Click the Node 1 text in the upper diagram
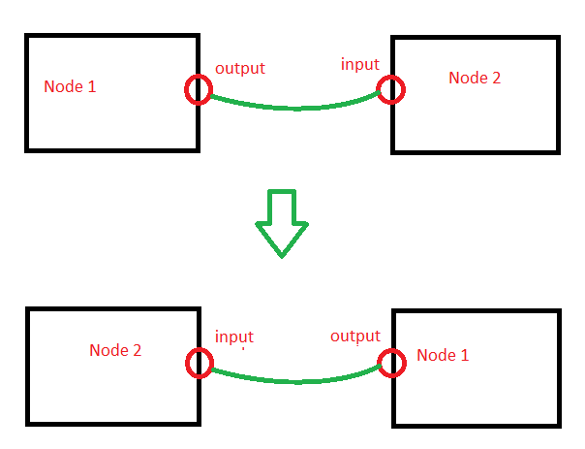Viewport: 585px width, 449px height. (70, 86)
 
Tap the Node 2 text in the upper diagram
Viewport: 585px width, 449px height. (475, 78)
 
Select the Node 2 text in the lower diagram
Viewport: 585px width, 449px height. (115, 350)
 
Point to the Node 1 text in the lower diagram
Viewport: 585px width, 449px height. (443, 355)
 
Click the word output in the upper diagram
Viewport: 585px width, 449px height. (239, 69)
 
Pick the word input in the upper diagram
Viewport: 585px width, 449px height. (359, 64)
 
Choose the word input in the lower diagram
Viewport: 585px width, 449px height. (233, 337)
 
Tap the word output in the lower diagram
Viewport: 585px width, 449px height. (354, 337)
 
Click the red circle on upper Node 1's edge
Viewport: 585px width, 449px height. (198, 91)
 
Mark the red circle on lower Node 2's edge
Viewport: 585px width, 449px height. (198, 364)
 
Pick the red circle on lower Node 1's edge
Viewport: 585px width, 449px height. (391, 364)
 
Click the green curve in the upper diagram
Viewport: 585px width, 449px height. (294, 108)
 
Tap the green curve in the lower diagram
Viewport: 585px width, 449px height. (294, 381)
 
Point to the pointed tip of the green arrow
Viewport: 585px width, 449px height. (281, 255)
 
